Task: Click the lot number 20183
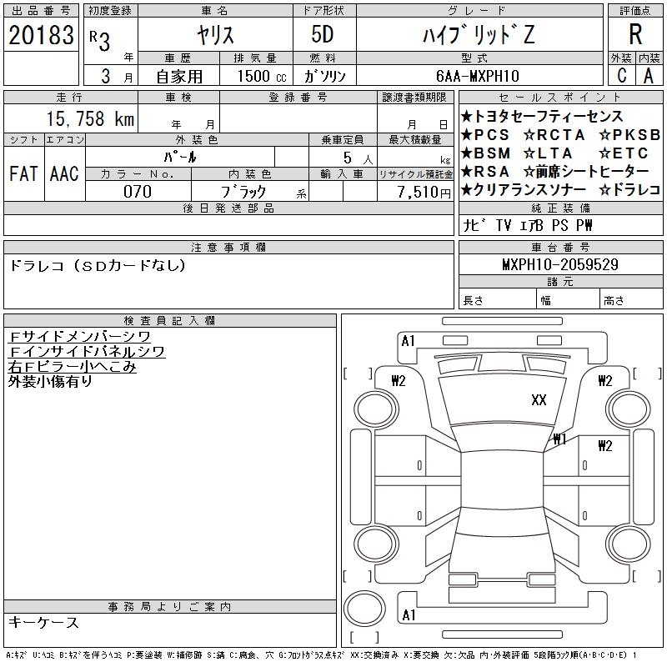click(41, 35)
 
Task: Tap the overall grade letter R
click(635, 34)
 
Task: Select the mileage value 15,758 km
click(90, 118)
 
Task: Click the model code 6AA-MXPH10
click(477, 76)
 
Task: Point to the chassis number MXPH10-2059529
click(560, 264)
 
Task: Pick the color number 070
click(138, 192)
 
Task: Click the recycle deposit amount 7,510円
click(424, 193)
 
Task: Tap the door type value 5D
click(323, 34)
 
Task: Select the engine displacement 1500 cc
click(262, 76)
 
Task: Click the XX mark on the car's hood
click(539, 400)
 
